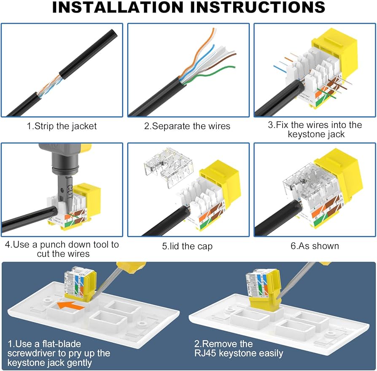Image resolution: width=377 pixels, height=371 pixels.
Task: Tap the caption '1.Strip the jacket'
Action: tap(62, 126)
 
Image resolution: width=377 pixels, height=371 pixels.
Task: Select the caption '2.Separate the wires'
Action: tap(187, 126)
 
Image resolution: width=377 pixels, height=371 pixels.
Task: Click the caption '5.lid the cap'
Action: tap(187, 246)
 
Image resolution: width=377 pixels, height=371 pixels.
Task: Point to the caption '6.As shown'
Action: tap(315, 246)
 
